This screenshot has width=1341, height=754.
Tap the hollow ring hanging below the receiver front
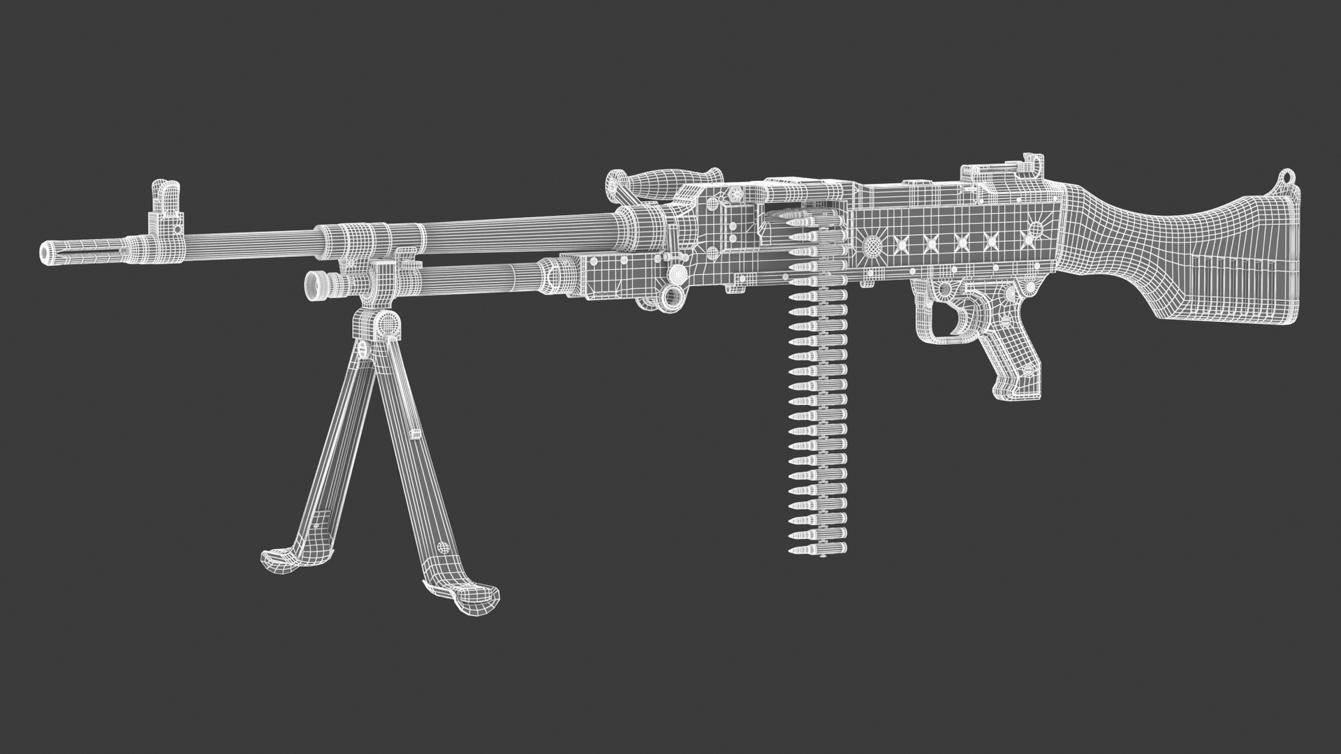coord(673,296)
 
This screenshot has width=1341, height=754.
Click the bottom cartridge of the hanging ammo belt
coord(817,549)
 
